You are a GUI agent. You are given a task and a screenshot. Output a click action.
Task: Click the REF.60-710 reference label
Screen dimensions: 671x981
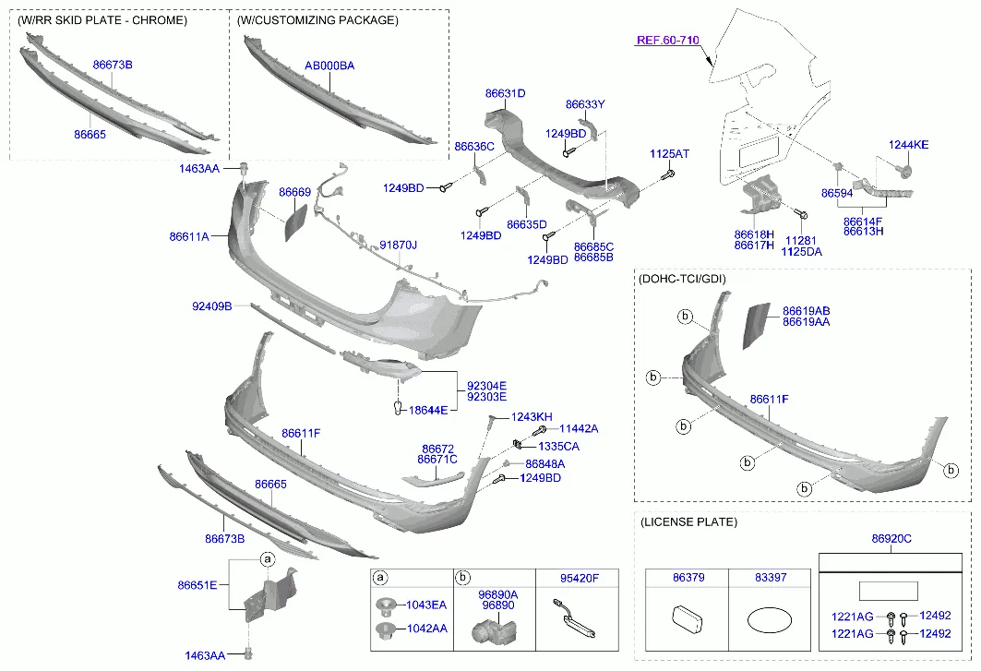[x=668, y=41]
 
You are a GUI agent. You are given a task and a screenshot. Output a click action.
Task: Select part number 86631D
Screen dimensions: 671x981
[x=505, y=93]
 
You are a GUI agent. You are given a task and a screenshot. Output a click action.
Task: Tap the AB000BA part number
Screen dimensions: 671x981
[x=329, y=66]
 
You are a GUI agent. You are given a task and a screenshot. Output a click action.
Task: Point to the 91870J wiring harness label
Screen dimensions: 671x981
[x=398, y=246]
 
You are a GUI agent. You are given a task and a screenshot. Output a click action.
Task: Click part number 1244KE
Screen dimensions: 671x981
[x=908, y=145]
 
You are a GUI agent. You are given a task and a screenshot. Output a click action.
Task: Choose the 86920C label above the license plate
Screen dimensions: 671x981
[x=891, y=538]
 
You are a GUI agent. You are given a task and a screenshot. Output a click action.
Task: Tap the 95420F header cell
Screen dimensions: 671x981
[x=579, y=579]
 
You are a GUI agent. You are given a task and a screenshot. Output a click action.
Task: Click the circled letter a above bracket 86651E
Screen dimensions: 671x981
[x=267, y=559]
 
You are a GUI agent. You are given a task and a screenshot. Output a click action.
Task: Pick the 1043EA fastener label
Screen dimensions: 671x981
[x=426, y=605]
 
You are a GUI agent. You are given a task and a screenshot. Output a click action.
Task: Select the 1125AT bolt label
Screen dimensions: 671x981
[x=669, y=153]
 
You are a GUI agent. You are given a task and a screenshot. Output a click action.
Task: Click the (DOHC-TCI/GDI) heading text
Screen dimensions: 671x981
[x=684, y=278]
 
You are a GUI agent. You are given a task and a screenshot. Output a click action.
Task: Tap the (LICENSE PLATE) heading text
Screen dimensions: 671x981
[x=688, y=522]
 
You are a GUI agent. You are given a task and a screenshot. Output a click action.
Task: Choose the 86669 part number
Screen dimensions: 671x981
[x=294, y=192]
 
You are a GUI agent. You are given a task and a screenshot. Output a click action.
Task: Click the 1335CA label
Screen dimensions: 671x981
[x=559, y=446]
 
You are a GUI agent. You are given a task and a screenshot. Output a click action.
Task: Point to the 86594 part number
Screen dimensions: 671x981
[x=837, y=193]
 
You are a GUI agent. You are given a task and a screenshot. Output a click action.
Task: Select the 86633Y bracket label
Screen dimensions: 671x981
[x=585, y=104]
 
